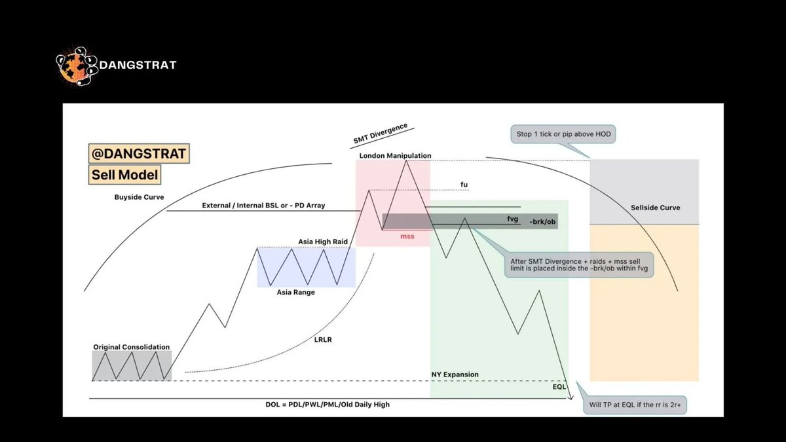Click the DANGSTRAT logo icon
coord(76,65)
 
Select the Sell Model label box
coord(124,175)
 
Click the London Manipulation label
coord(395,156)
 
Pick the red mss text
coord(407,236)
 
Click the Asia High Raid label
coord(322,242)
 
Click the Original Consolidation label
coord(131,347)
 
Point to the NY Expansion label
coord(455,375)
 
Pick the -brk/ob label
coord(542,221)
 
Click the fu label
coord(464,185)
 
